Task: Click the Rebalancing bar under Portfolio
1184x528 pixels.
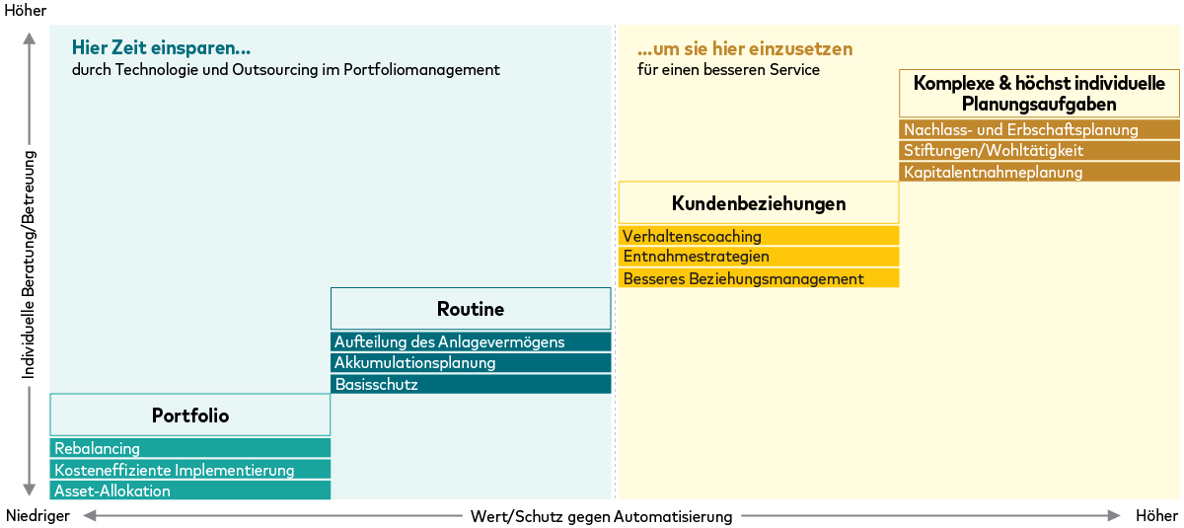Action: click(x=189, y=448)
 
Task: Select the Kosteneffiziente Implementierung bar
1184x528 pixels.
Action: click(x=189, y=470)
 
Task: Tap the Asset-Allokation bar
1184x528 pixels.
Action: click(x=189, y=490)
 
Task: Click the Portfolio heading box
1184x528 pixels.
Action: click(x=189, y=415)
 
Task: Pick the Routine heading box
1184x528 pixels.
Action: click(x=471, y=309)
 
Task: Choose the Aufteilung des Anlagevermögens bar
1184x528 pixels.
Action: click(x=471, y=341)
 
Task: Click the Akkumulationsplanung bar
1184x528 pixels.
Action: click(x=471, y=363)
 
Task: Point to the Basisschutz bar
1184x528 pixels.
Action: click(x=471, y=384)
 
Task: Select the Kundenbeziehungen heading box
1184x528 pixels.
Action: click(x=758, y=203)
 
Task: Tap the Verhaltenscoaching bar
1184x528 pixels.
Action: click(x=758, y=236)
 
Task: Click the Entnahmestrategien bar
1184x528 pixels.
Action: click(x=758, y=257)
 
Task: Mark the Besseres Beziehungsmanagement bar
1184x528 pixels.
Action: click(x=758, y=278)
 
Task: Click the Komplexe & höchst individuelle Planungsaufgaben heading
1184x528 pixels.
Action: click(x=1039, y=94)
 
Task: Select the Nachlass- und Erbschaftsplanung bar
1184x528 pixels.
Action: click(x=1039, y=129)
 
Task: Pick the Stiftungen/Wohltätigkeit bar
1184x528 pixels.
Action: click(x=1039, y=151)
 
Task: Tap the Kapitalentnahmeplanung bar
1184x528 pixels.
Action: click(x=1039, y=172)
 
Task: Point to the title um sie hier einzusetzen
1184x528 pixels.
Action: click(x=744, y=48)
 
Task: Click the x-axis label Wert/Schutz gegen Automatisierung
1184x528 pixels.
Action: click(x=601, y=516)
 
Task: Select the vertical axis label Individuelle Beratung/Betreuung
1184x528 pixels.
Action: click(x=29, y=264)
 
